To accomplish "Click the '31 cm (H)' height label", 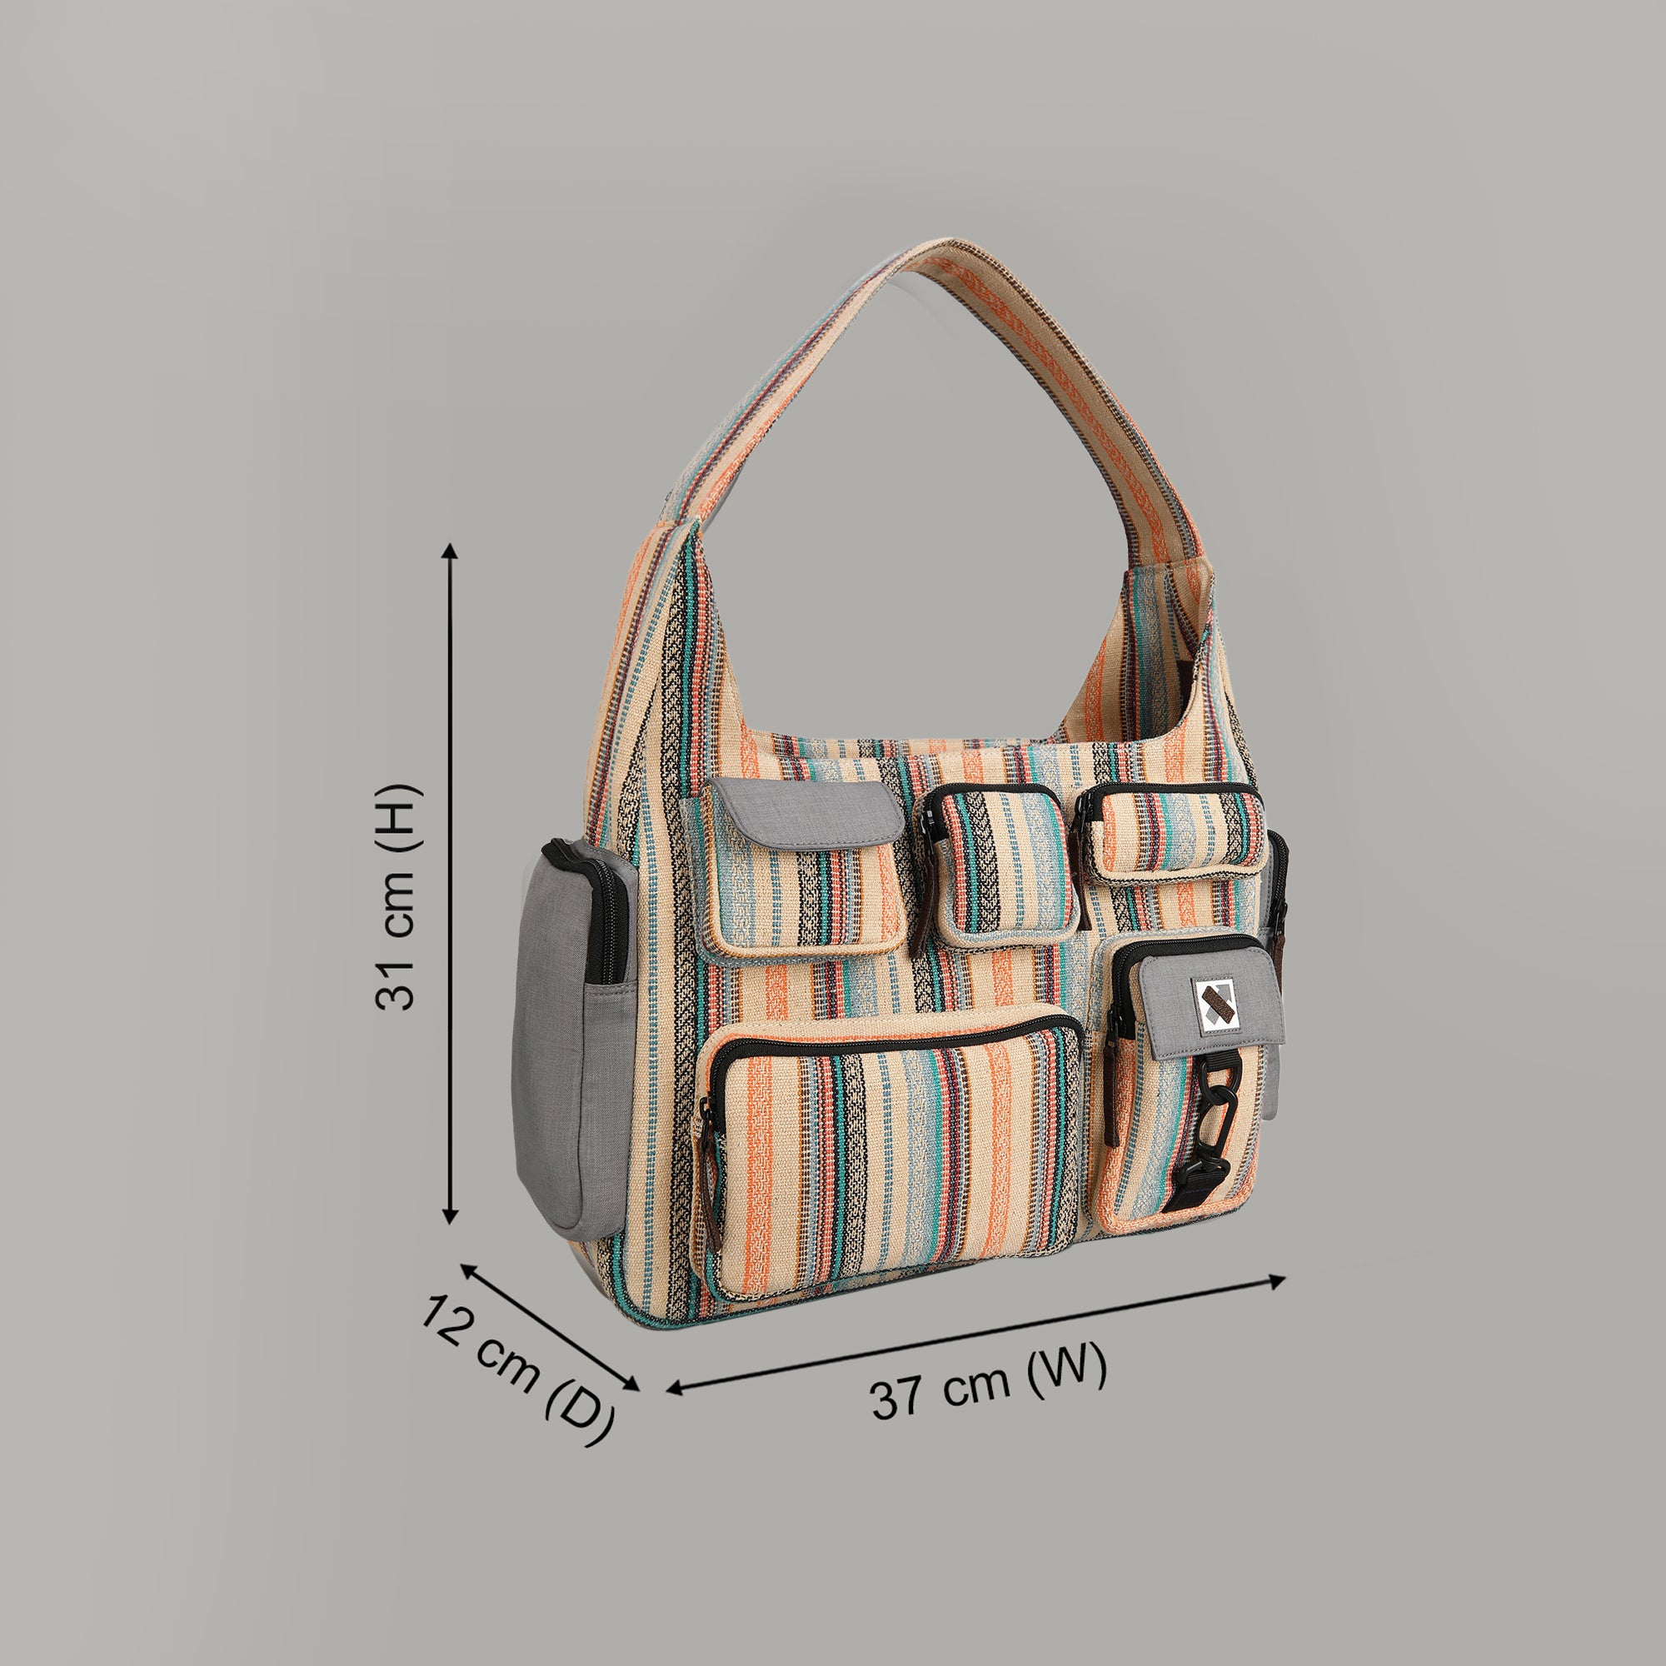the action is pyautogui.click(x=397, y=897).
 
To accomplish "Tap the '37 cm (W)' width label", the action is pyautogui.click(x=987, y=1377).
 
